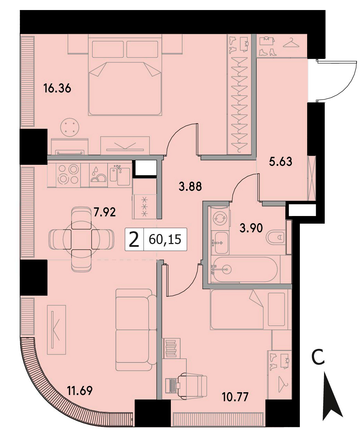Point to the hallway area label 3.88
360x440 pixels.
point(190,186)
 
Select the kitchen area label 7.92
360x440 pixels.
point(104,212)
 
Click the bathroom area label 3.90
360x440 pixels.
point(251,228)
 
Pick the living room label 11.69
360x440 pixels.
point(80,390)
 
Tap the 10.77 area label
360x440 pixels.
point(236,397)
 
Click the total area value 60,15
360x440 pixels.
point(165,239)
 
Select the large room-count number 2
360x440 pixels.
point(134,240)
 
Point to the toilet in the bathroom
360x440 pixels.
point(275,237)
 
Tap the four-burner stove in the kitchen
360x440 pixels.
point(68,174)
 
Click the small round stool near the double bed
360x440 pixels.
point(70,127)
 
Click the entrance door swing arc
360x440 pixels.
point(345,88)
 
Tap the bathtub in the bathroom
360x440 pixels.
point(244,269)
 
